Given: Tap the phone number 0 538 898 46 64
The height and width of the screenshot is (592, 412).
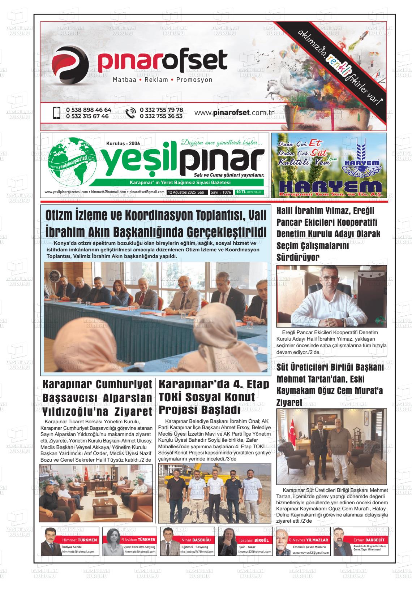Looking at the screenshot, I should click(x=89, y=110).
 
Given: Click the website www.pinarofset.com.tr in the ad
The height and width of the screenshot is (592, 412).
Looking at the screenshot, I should click(x=234, y=113).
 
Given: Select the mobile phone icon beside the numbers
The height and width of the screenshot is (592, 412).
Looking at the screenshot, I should click(x=56, y=113).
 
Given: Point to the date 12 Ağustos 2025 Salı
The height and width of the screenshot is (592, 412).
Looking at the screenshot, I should click(x=186, y=193).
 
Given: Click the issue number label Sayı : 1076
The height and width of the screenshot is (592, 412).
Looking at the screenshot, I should click(x=221, y=193).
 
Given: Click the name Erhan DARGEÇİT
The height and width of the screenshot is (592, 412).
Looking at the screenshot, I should click(x=369, y=540).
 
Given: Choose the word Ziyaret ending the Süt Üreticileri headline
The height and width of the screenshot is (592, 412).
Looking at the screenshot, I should click(x=289, y=402).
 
